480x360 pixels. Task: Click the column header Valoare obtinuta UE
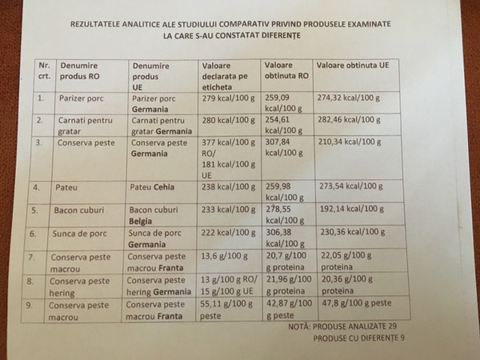[x=353, y=64]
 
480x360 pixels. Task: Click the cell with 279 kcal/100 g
[x=230, y=98]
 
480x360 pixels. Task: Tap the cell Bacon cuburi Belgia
[x=158, y=216]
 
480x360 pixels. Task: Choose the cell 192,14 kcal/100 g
[x=354, y=211]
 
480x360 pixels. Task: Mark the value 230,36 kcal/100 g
[x=354, y=234]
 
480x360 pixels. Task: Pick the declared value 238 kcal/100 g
[x=232, y=188]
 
